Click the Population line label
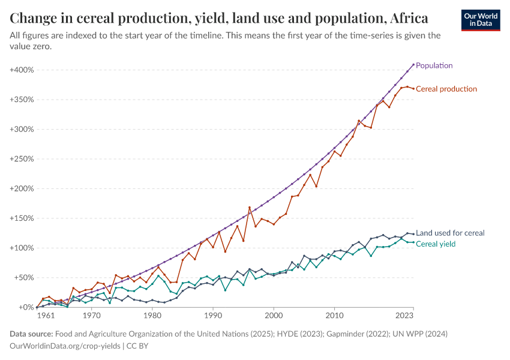pos(434,65)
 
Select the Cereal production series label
pos(446,89)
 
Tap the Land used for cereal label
pos(450,233)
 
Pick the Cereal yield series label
pos(436,244)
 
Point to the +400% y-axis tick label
pos(22,70)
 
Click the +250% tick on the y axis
pos(22,159)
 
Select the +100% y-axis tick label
pos(22,248)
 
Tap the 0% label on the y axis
pos(26,307)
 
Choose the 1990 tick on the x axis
pos(213,314)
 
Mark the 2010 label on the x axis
pos(334,314)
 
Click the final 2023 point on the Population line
pos(413,64)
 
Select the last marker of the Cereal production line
pos(413,89)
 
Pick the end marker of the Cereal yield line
pos(413,242)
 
